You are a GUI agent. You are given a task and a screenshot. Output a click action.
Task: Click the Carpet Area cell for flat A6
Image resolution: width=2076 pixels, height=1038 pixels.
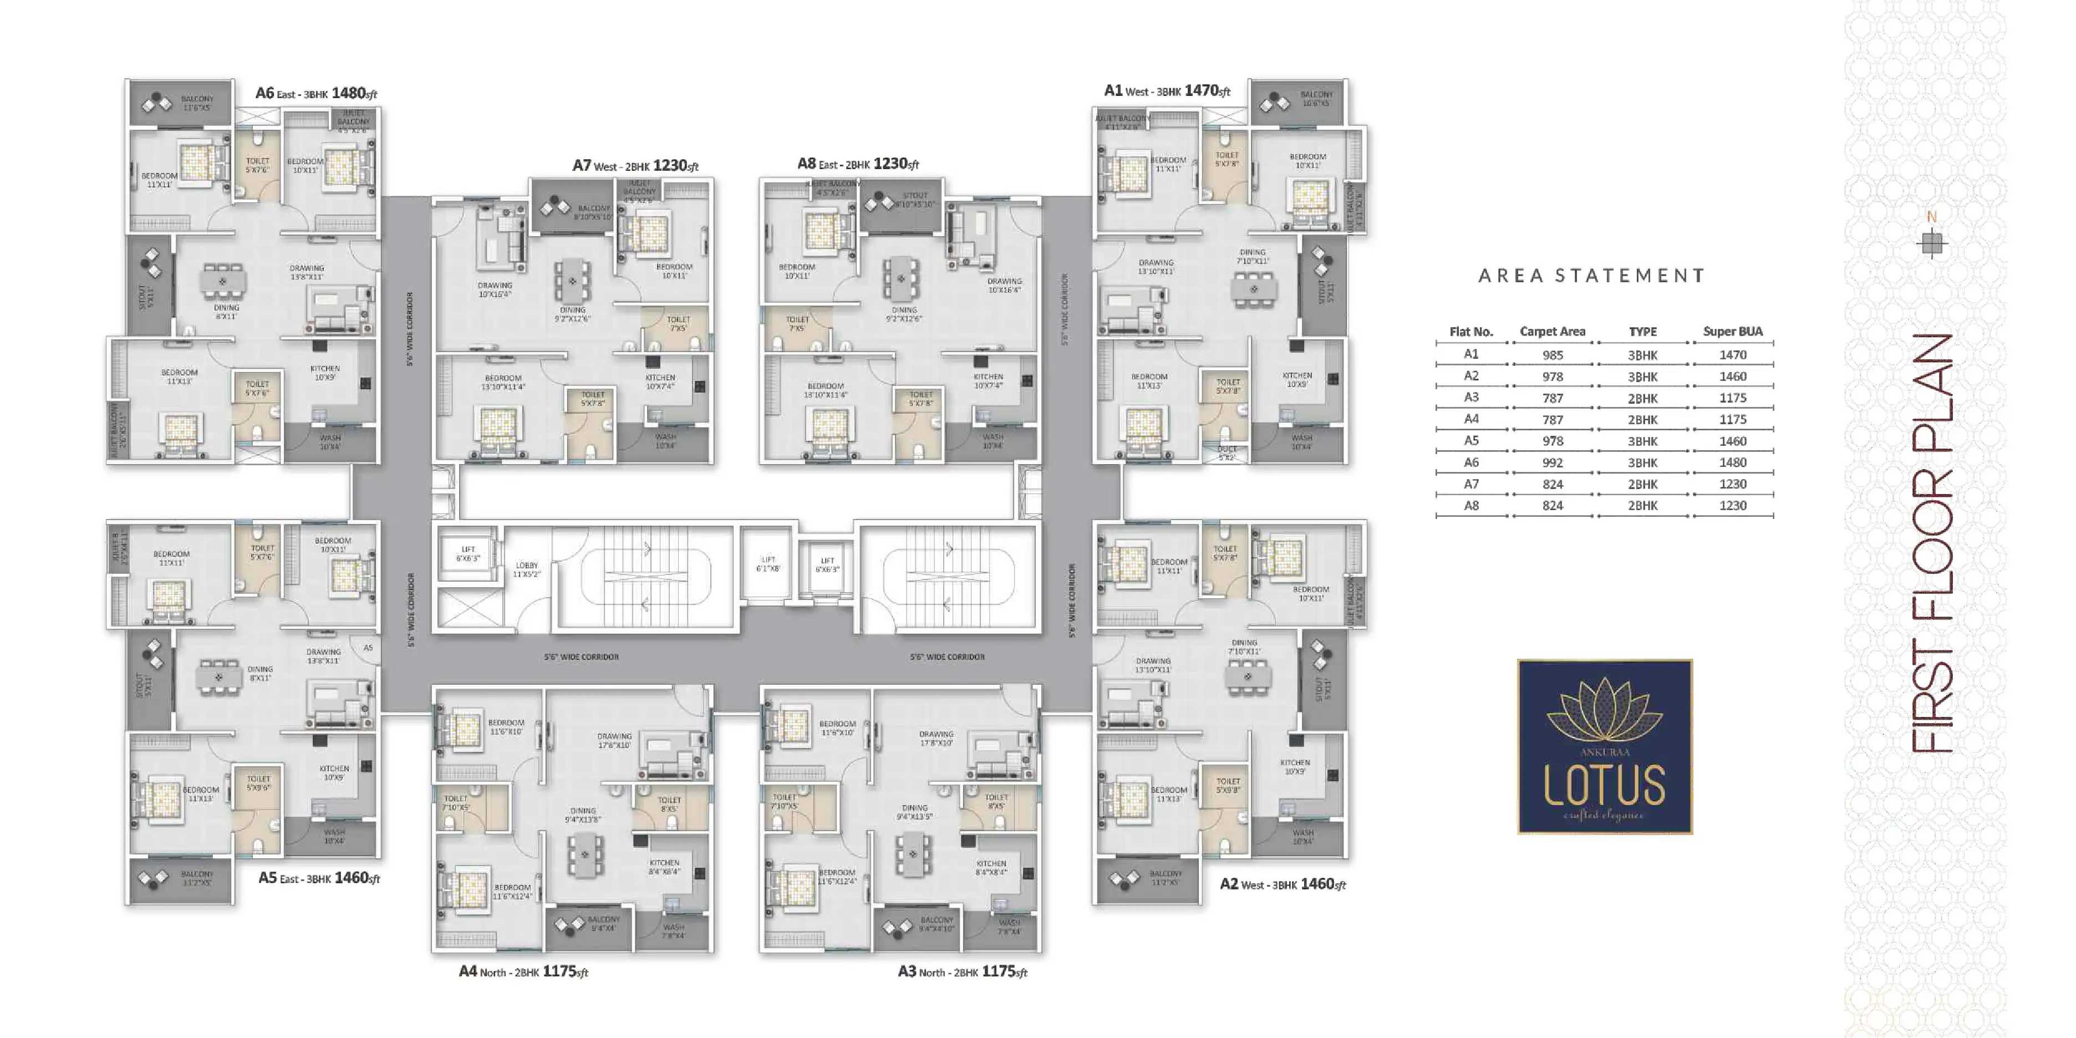(1552, 462)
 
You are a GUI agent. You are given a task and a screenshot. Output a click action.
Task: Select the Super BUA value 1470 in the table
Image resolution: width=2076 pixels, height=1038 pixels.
(1733, 355)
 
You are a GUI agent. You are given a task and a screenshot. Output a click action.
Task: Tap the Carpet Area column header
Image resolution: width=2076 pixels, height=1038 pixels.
(1552, 331)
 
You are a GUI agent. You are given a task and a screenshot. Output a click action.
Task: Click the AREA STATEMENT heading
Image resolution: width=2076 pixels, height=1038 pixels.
(1591, 276)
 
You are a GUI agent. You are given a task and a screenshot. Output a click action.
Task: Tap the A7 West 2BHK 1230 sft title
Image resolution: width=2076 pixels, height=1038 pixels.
(635, 165)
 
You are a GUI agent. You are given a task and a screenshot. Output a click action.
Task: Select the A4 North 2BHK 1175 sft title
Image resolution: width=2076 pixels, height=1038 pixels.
(523, 972)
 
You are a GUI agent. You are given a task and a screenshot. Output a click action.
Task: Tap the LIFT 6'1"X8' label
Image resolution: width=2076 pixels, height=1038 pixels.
(768, 563)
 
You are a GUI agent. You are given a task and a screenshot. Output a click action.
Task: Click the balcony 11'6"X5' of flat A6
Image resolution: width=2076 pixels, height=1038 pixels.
(197, 103)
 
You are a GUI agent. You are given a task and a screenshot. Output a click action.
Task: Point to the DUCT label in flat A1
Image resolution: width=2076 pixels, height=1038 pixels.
(1226, 453)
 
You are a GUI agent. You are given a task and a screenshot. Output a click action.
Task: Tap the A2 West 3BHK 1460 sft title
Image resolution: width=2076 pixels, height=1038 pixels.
(1282, 884)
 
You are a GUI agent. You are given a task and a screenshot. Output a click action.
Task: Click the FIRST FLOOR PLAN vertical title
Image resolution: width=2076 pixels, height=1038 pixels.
(1932, 544)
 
